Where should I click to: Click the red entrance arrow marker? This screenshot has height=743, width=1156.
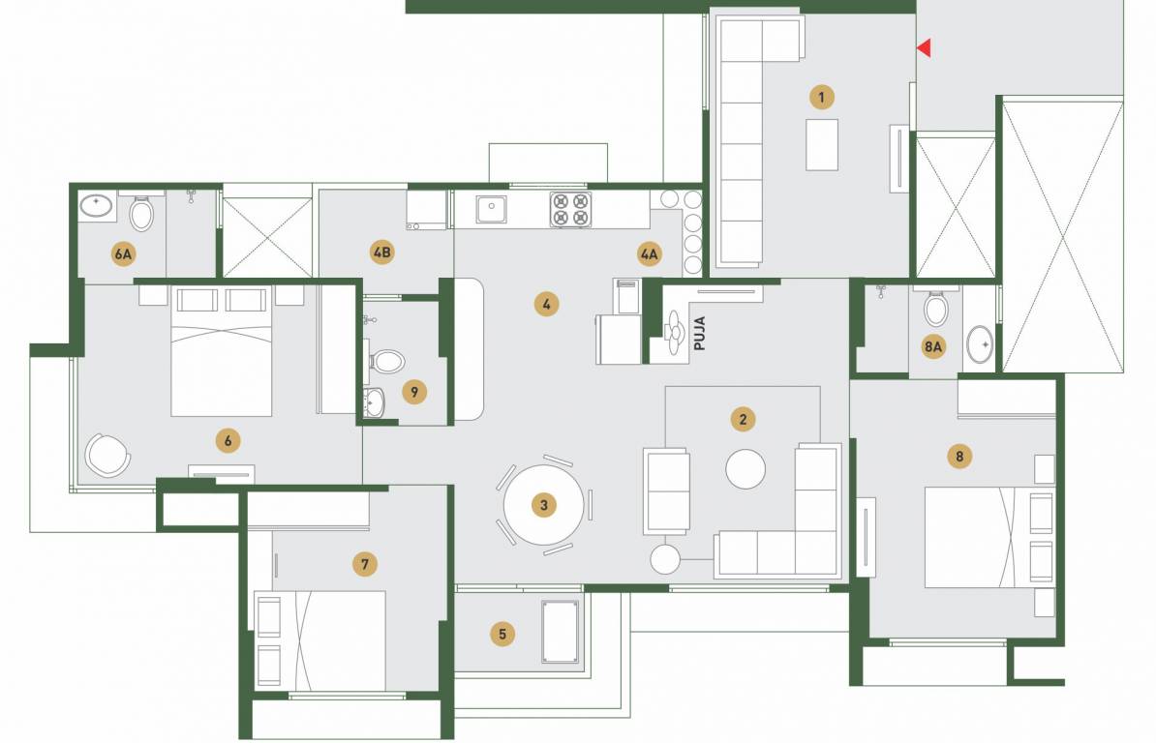924,47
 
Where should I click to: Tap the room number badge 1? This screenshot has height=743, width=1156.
821,97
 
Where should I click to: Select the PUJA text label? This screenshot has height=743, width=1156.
699,333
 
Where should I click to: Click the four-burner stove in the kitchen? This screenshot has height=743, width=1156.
570,210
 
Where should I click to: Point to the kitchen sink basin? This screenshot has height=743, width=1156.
492,207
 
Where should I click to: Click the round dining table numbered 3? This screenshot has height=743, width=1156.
544,505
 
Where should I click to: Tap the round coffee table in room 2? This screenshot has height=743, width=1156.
745,469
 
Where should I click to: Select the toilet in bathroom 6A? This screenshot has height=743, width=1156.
142,214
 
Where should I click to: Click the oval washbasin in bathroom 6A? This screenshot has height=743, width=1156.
96,205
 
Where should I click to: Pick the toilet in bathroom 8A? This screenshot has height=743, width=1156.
936,309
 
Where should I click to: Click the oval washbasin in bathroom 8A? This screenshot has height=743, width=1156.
982,343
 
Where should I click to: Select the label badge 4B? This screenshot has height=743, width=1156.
381,253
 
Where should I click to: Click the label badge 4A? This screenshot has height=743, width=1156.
649,253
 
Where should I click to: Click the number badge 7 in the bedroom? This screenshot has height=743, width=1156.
363,563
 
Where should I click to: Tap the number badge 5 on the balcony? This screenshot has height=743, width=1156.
502,635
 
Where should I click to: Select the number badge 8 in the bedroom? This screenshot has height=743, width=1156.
959,456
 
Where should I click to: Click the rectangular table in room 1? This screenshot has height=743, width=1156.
821,144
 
